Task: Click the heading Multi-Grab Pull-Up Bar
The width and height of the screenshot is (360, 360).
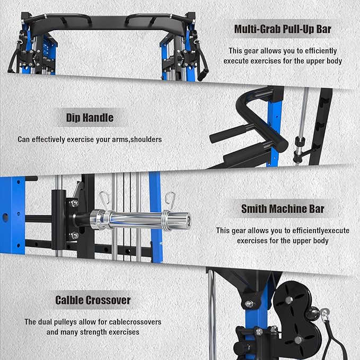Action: point(283,29)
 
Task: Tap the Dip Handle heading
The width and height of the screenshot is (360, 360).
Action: point(90,118)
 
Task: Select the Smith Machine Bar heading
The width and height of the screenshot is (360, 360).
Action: point(283,209)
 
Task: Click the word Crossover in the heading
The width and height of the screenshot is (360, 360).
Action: point(108,300)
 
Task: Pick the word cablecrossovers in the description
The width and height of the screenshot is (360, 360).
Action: point(135,322)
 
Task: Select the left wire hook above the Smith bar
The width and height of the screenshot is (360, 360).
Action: point(104,200)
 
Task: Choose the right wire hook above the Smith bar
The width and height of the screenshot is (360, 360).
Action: point(170,200)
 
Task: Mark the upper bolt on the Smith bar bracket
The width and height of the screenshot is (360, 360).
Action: point(74,203)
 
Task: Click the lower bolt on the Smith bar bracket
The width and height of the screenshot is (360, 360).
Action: point(74,235)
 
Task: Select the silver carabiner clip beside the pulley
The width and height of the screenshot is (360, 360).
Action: point(324,315)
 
